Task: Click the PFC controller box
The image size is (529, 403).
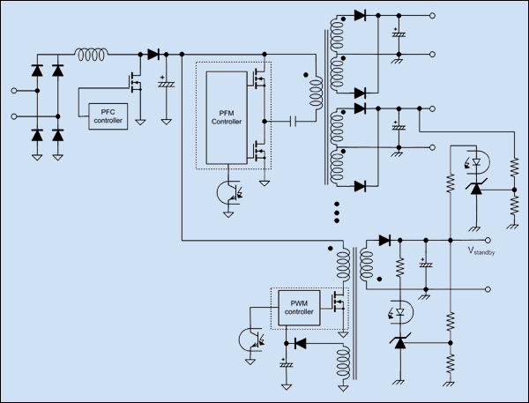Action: (x=108, y=116)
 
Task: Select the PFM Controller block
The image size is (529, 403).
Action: (x=227, y=117)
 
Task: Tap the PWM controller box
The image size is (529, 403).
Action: (x=299, y=308)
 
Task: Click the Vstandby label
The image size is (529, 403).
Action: (x=481, y=250)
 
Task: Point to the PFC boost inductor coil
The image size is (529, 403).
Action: (x=92, y=55)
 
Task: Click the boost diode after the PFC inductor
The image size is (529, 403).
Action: (x=153, y=54)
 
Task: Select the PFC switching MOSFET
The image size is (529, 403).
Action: (x=135, y=82)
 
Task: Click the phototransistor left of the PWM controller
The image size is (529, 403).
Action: (x=251, y=340)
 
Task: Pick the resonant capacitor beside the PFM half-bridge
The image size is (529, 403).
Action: (x=294, y=121)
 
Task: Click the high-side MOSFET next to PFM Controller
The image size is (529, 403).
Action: (x=258, y=79)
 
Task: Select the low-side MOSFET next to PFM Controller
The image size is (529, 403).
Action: (x=258, y=151)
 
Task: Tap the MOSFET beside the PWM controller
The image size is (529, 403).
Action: (x=338, y=302)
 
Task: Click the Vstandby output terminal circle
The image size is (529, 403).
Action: (x=488, y=241)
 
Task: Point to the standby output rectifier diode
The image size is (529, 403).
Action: (x=385, y=241)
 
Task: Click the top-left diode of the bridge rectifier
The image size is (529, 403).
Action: (x=37, y=71)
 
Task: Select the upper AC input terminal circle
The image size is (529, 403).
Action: (x=14, y=91)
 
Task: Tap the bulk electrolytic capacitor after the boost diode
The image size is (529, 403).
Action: (x=166, y=83)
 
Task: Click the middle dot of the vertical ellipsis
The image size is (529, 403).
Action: (x=337, y=213)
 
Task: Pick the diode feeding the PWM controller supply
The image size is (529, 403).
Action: (x=301, y=343)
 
